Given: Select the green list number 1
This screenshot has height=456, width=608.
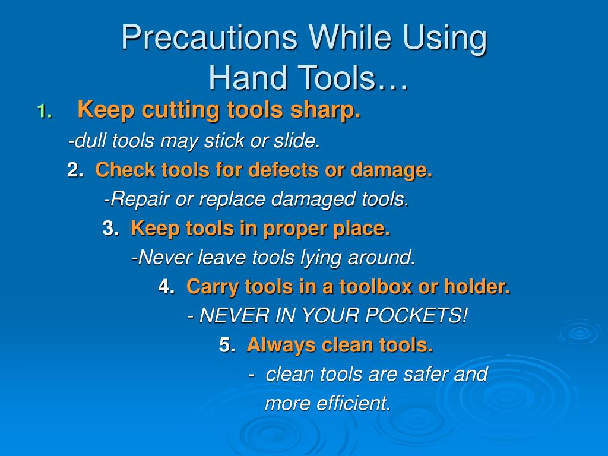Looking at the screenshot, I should tap(44, 111).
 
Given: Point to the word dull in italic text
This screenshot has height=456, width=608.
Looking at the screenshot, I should tap(90, 141).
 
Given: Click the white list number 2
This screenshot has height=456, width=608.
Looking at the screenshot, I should tap(74, 171).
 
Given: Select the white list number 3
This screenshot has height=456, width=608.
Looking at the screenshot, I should tap(110, 229).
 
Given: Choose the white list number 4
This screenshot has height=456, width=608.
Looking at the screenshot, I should tap(166, 287).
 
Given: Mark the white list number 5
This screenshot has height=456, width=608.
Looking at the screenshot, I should tap(226, 345).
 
